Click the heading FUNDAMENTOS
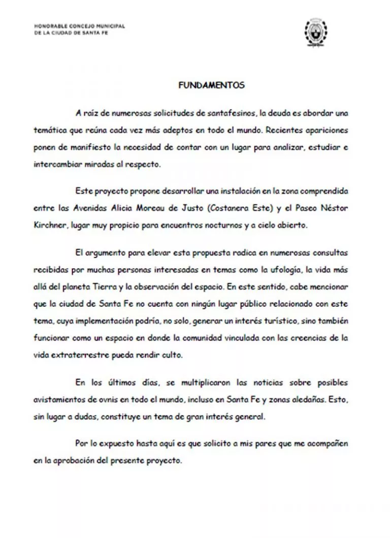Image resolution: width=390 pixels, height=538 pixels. (x=211, y=85)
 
